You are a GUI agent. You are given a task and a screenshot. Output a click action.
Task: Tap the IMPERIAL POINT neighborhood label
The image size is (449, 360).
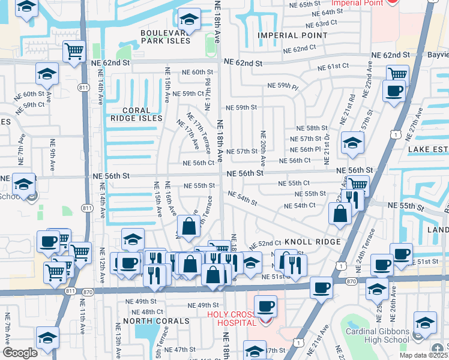(293, 35)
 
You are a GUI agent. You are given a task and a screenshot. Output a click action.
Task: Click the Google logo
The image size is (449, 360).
(20, 353)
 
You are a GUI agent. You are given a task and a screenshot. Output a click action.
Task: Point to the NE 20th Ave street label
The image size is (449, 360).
(263, 148)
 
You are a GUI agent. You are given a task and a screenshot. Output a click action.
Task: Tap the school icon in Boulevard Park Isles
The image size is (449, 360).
(189, 20)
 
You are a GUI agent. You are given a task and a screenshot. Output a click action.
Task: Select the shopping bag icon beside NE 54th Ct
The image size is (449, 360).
(340, 212)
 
